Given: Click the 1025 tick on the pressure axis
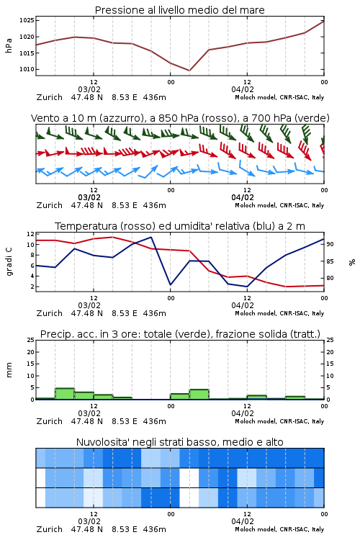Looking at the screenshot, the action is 27,21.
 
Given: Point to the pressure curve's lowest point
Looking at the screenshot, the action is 189,71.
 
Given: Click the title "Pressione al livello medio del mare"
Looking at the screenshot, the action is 179,10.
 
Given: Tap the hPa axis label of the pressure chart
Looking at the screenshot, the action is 9,45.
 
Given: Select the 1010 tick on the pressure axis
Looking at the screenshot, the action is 27,69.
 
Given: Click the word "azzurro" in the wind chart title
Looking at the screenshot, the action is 120,118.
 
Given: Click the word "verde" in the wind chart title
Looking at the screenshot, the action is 311,118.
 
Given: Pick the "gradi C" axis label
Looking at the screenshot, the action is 9,262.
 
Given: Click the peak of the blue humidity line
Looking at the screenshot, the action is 151,237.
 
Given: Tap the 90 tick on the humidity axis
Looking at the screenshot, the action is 330,244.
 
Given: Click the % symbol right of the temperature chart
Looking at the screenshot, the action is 352,262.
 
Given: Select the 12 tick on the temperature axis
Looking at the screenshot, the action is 30,234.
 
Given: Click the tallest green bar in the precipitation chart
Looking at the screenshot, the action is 65,394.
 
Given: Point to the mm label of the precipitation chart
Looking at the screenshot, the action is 9,370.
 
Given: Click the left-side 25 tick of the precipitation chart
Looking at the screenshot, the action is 30,340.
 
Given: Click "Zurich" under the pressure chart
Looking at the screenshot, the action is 49,97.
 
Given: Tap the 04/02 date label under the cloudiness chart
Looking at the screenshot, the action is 243,521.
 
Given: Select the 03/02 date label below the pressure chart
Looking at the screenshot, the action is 89,89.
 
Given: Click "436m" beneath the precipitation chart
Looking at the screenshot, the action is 154,421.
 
